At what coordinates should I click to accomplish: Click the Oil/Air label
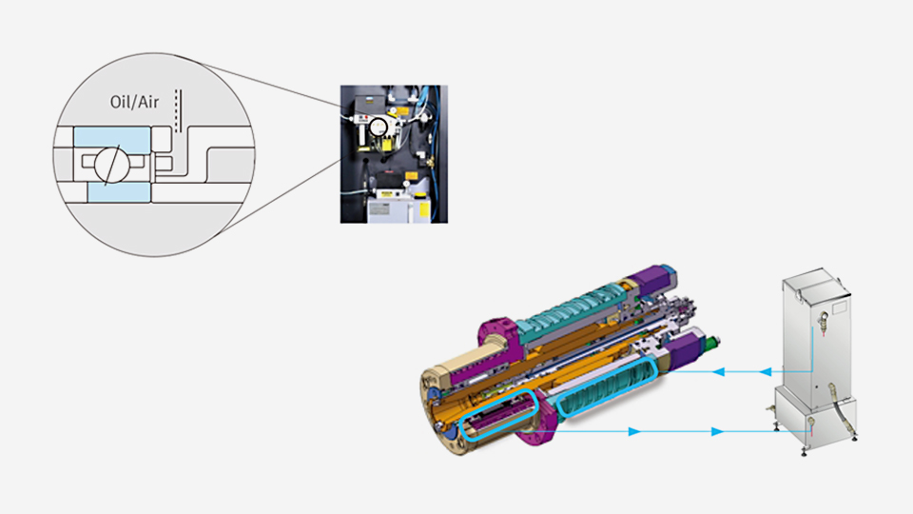[134, 102]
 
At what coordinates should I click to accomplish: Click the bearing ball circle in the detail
[111, 165]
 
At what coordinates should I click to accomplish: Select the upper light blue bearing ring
[112, 137]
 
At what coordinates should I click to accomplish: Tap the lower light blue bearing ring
[120, 192]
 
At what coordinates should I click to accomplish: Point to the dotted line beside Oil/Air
[178, 110]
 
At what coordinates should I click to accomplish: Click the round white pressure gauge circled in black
[379, 127]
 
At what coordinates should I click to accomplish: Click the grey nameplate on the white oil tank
[380, 209]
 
